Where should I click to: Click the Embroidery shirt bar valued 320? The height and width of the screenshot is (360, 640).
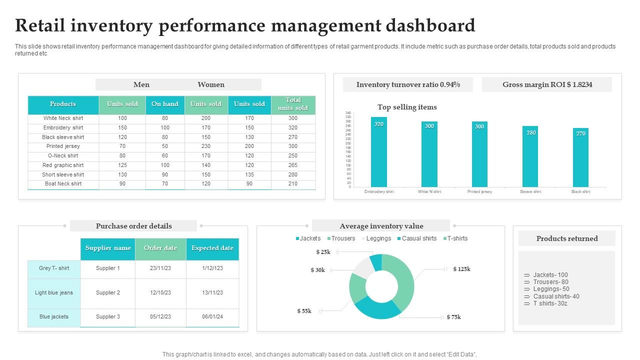pyautogui.click(x=379, y=152)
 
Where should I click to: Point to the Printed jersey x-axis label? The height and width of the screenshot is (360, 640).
pyautogui.click(x=479, y=192)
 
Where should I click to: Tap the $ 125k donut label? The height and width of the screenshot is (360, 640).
pyautogui.click(x=461, y=269)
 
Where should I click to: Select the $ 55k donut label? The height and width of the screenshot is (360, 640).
pyautogui.click(x=304, y=311)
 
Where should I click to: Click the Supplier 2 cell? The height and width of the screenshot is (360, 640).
pyautogui.click(x=108, y=292)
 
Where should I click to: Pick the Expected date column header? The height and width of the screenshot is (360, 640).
pyautogui.click(x=212, y=248)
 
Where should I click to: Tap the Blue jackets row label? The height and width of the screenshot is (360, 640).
pyautogui.click(x=54, y=317)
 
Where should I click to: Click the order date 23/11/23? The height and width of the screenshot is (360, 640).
pyautogui.click(x=160, y=268)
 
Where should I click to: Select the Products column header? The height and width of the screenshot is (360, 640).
pyautogui.click(x=63, y=104)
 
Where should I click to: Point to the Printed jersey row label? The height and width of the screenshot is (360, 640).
pyautogui.click(x=63, y=146)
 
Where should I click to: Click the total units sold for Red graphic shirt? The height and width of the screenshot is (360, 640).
pyautogui.click(x=293, y=165)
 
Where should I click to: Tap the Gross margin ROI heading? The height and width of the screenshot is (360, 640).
pyautogui.click(x=547, y=85)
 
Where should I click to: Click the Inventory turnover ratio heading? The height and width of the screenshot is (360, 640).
pyautogui.click(x=408, y=85)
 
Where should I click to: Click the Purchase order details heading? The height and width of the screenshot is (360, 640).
pyautogui.click(x=133, y=226)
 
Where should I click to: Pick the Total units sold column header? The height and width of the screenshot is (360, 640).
pyautogui.click(x=293, y=104)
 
